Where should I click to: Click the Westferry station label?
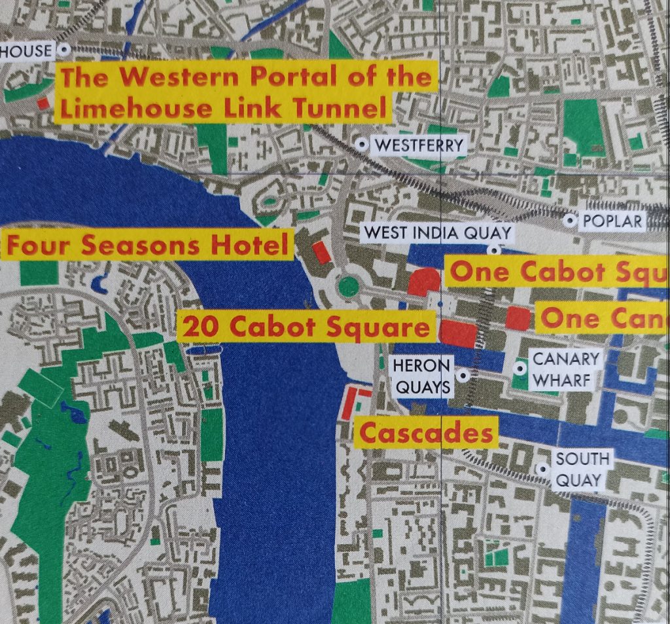click(x=418, y=145)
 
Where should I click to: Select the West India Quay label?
click(x=438, y=232)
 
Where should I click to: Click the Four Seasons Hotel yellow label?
click(x=147, y=246)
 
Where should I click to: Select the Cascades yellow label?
click(x=425, y=433)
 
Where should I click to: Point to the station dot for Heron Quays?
click(x=464, y=376)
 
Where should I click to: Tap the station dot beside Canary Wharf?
click(x=520, y=369)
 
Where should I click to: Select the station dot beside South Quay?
click(x=542, y=469)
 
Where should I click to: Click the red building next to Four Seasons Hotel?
click(x=321, y=253)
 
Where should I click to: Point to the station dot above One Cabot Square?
click(x=495, y=249)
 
